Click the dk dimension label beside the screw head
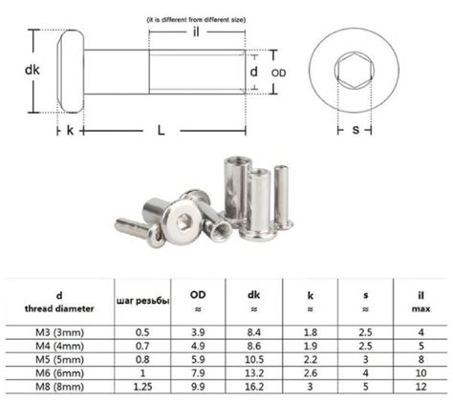pyautogui.click(x=32, y=70)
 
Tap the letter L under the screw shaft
pyautogui.click(x=162, y=130)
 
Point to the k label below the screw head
pyautogui.click(x=70, y=130)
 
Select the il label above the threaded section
pyautogui.click(x=196, y=32)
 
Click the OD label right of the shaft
pyautogui.click(x=279, y=74)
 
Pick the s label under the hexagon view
pyautogui.click(x=356, y=130)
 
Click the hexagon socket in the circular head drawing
pyautogui.click(x=354, y=70)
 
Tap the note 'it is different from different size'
pyautogui.click(x=196, y=20)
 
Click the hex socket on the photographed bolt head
pyautogui.click(x=183, y=221)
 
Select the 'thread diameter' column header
pyautogui.click(x=59, y=308)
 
